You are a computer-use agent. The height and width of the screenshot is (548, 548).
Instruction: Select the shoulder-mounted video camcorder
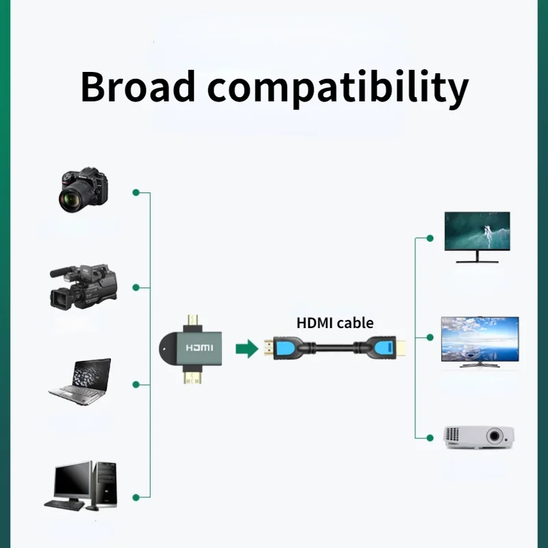click(x=83, y=286)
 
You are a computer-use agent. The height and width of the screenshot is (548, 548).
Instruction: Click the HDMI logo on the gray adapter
click(x=199, y=348)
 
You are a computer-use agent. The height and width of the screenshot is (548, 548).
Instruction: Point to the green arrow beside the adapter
click(x=245, y=349)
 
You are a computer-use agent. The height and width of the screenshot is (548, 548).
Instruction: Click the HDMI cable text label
click(x=335, y=323)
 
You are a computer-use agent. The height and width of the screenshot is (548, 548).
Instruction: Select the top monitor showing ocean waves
click(x=477, y=232)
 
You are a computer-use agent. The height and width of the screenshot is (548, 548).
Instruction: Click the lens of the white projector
click(x=495, y=436)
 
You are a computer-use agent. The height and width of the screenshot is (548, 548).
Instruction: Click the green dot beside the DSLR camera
click(x=136, y=192)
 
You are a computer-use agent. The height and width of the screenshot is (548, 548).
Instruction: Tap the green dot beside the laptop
click(x=136, y=384)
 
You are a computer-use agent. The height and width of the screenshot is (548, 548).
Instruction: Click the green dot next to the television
click(x=430, y=337)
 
